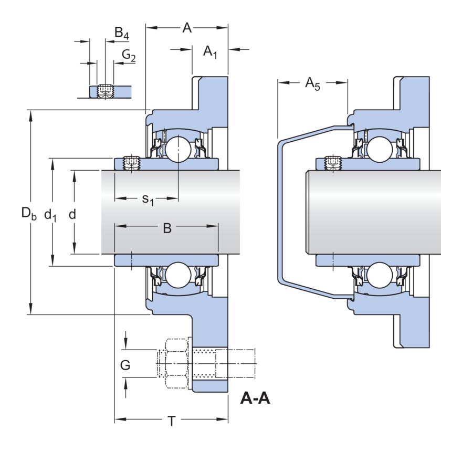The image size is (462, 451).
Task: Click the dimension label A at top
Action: (x=187, y=28)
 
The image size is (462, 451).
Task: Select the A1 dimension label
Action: (x=211, y=52)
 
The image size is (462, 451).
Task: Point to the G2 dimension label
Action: (x=129, y=55)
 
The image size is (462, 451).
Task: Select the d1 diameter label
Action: (x=51, y=214)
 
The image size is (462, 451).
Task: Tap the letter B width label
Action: (x=167, y=228)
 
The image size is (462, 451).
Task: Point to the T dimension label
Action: (x=171, y=421)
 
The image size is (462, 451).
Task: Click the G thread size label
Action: (x=125, y=365)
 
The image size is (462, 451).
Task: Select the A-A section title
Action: (x=255, y=399)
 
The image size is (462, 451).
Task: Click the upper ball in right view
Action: (x=379, y=148)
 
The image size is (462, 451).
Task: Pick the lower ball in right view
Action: (x=379, y=276)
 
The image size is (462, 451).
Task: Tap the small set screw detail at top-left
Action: (x=106, y=91)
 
